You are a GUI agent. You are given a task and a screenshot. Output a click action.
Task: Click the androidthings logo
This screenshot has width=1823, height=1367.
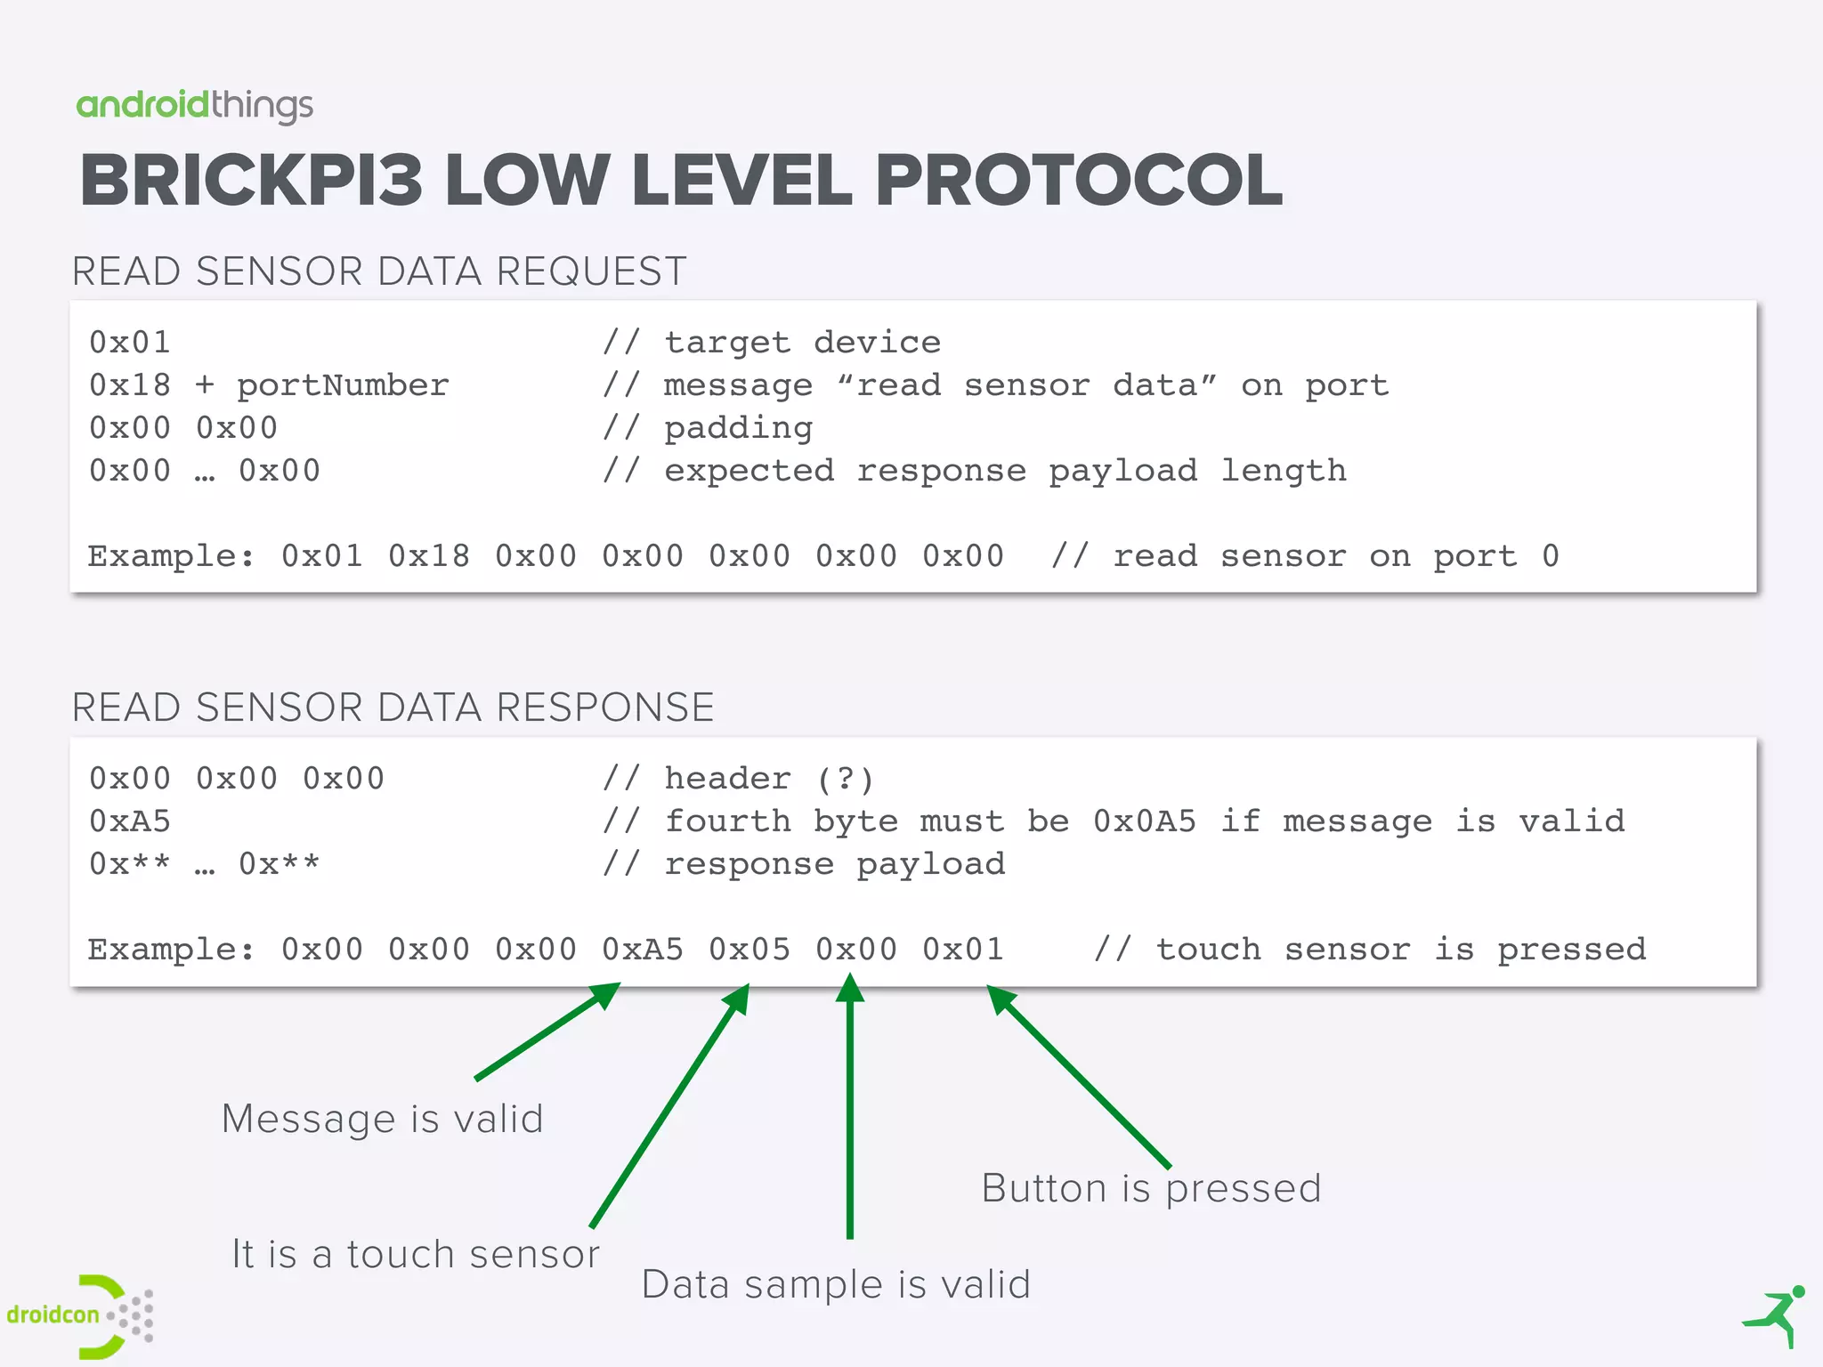tap(194, 106)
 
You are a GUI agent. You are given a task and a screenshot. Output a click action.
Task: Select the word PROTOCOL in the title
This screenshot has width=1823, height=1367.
tap(1078, 181)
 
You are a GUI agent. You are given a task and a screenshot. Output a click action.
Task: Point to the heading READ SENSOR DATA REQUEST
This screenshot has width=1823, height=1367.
tap(379, 271)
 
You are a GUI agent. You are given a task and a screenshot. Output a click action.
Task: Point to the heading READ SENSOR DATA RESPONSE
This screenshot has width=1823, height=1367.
tap(393, 708)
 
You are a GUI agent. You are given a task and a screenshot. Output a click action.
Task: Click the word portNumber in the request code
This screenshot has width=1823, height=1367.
tap(343, 385)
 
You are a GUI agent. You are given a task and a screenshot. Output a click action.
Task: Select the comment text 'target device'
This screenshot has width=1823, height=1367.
tap(802, 343)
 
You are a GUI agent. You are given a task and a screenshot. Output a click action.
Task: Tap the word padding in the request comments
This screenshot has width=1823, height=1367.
tap(738, 428)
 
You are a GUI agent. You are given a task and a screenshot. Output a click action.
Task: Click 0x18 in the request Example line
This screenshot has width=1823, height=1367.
tap(428, 556)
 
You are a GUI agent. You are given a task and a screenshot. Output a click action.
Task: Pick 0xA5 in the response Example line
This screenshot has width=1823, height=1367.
tap(642, 950)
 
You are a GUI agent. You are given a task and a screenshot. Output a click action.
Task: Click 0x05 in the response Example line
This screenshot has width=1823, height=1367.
tap(749, 950)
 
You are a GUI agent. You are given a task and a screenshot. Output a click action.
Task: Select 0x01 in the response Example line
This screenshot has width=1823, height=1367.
tap(962, 950)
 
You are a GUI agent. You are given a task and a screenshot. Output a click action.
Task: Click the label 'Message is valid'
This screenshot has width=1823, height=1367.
tap(382, 1119)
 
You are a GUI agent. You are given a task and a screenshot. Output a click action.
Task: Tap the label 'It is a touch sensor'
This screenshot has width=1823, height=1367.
tap(416, 1254)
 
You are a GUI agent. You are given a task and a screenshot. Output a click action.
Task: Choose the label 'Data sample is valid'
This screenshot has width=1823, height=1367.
tap(836, 1284)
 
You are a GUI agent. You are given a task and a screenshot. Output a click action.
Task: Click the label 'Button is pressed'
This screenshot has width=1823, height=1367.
tap(1151, 1188)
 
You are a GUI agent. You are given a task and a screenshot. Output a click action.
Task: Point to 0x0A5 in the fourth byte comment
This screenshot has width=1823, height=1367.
tap(1145, 821)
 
